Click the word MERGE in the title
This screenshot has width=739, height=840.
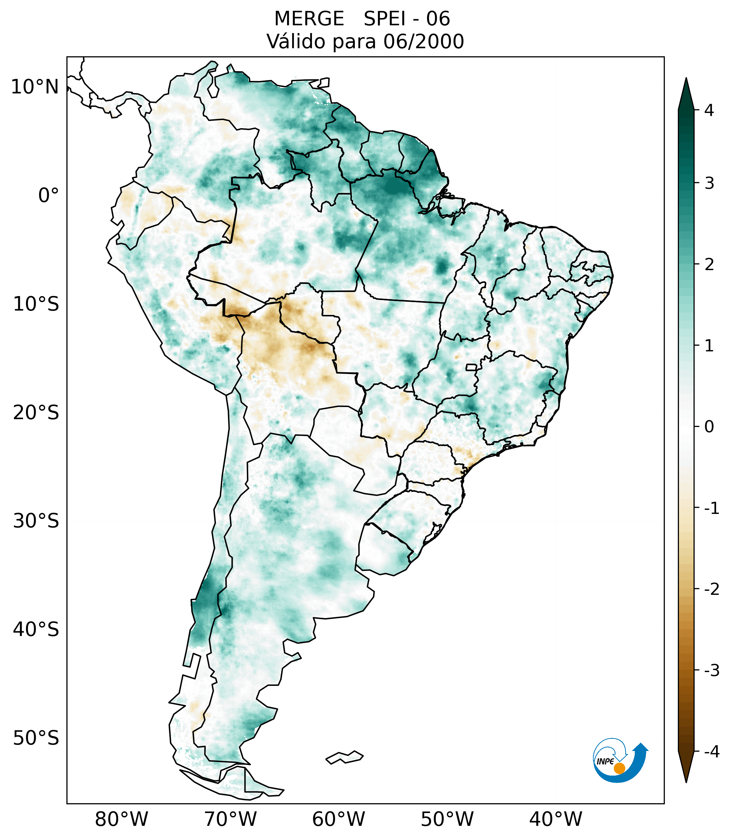click(309, 19)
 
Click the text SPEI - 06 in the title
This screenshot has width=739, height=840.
click(406, 19)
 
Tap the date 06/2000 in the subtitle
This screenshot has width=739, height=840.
click(423, 41)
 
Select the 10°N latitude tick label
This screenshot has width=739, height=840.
click(34, 87)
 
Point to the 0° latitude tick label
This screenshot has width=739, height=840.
click(49, 196)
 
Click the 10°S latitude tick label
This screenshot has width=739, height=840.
click(36, 304)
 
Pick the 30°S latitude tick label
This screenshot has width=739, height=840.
click(36, 521)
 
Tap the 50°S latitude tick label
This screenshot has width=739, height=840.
click(36, 738)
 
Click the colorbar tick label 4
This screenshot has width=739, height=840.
click(709, 110)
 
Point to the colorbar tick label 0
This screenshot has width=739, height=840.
click(709, 427)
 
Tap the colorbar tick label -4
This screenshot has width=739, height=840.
click(711, 752)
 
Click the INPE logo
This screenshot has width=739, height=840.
click(620, 760)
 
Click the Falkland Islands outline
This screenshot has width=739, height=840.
click(344, 757)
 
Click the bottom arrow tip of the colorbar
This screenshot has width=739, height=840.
click(686, 782)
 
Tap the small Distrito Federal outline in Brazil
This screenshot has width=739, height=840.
click(472, 367)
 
